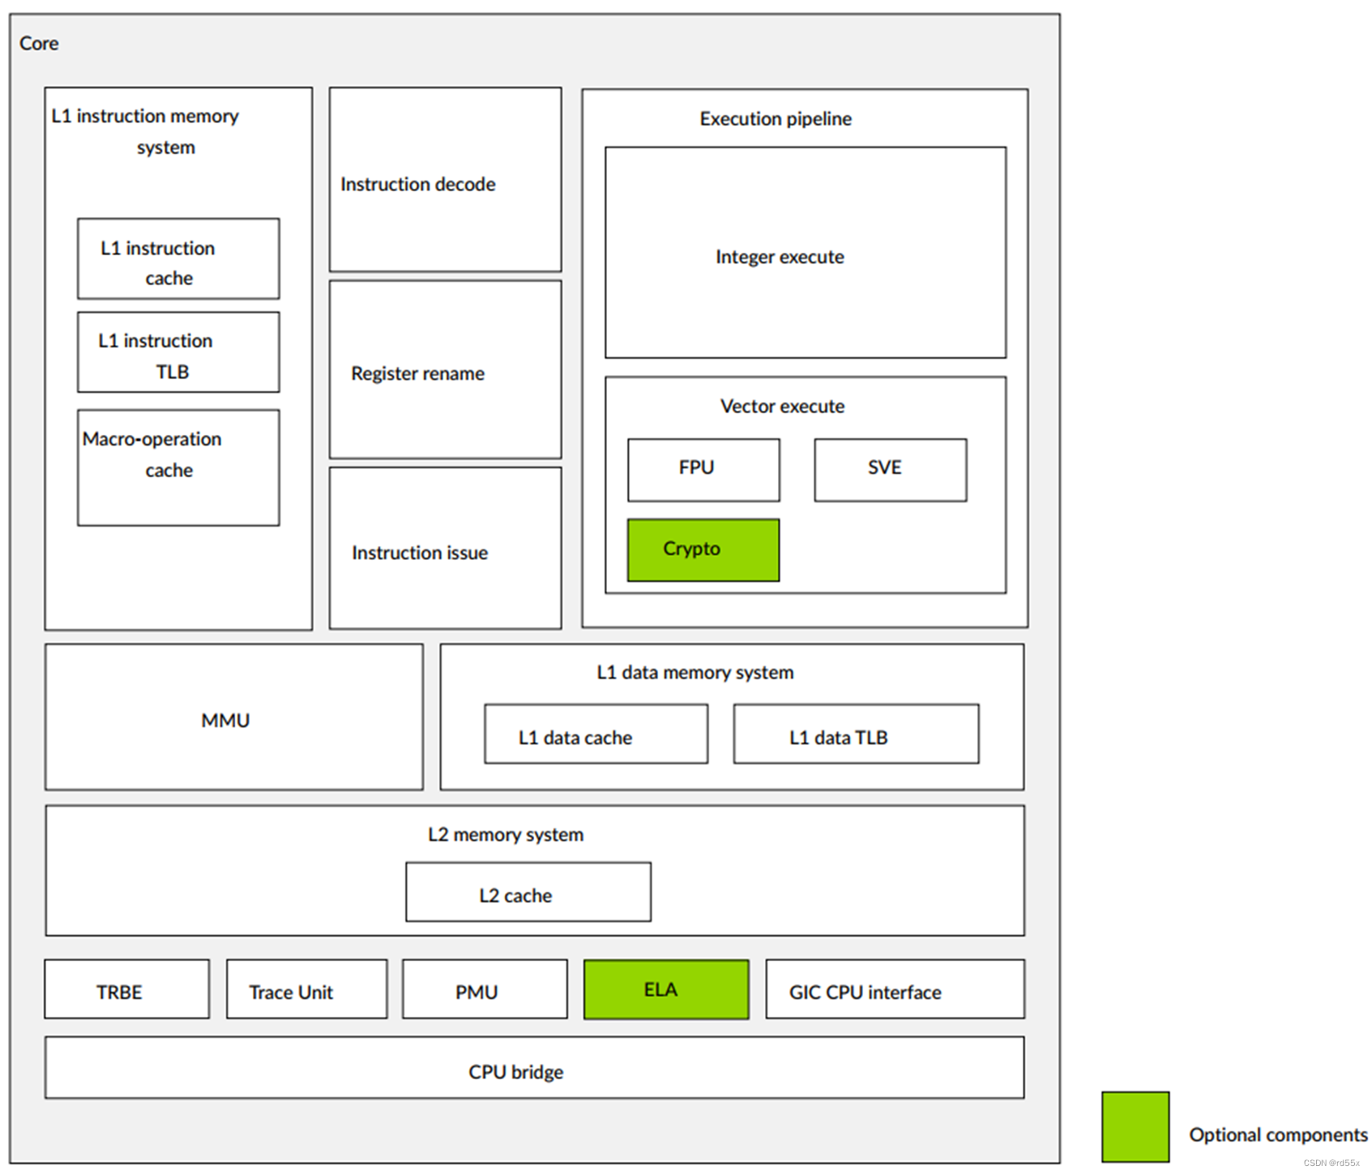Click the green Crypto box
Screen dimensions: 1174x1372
[x=703, y=549]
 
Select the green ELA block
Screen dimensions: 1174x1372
[x=665, y=989]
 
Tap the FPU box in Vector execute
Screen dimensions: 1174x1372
[x=703, y=470]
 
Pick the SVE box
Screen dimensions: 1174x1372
[x=890, y=470]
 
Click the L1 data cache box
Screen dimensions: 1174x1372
[x=595, y=734]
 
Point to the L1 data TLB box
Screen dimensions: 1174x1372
[x=855, y=734]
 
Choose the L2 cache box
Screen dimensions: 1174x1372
[x=528, y=891]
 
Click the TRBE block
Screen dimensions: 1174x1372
[x=126, y=989]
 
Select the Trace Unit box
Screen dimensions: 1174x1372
[x=306, y=989]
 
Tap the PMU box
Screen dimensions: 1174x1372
[x=484, y=989]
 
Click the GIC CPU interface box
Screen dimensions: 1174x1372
[x=894, y=989]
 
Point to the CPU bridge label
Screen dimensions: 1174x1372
[x=515, y=1072]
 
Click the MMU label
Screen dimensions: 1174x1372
[x=225, y=720]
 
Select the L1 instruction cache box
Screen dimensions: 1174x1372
[x=177, y=259]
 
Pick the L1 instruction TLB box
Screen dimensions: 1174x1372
[x=177, y=352]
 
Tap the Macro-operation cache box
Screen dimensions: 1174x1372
[x=177, y=467]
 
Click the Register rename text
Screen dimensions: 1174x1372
[x=417, y=374]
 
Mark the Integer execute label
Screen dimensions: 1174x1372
[x=780, y=257]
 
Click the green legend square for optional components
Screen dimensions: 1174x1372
[x=1135, y=1126]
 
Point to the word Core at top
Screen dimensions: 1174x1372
[x=39, y=43]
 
